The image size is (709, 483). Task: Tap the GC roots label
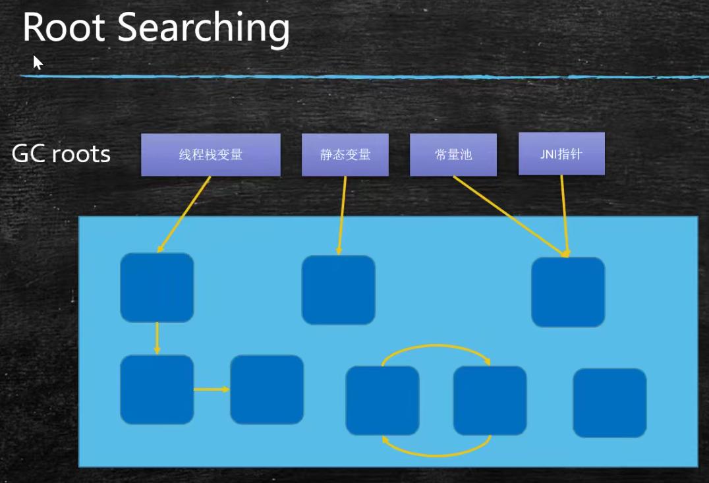[61, 154]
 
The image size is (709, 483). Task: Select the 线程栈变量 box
[210, 155]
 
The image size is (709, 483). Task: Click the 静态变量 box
[345, 155]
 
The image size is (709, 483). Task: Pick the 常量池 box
[453, 155]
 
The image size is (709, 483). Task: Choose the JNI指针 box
[561, 154]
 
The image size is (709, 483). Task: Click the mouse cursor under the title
[38, 62]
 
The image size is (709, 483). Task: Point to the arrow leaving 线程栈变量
[184, 214]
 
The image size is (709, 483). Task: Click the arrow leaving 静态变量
[341, 214]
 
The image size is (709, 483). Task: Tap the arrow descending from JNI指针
[564, 214]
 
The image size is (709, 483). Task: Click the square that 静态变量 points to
[338, 290]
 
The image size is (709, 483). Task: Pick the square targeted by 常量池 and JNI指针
[567, 292]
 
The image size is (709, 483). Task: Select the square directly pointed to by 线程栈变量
[157, 287]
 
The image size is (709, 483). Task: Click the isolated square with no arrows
[609, 403]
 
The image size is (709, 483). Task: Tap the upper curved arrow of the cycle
[436, 347]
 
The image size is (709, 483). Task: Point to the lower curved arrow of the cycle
[436, 453]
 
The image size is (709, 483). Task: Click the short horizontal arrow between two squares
[211, 389]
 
